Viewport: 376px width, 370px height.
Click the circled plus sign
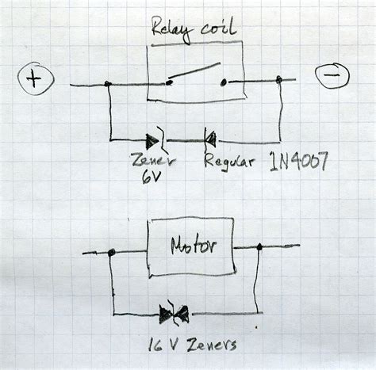coord(34,78)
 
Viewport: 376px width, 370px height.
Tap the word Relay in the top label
coord(171,31)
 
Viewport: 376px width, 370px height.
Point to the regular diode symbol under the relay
coord(210,139)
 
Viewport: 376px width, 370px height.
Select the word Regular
coord(229,162)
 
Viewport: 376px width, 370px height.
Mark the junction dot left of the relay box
coord(107,83)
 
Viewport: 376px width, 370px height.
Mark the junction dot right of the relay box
coord(280,78)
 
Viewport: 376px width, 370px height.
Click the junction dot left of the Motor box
coord(112,253)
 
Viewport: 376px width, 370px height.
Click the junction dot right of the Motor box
coord(259,247)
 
